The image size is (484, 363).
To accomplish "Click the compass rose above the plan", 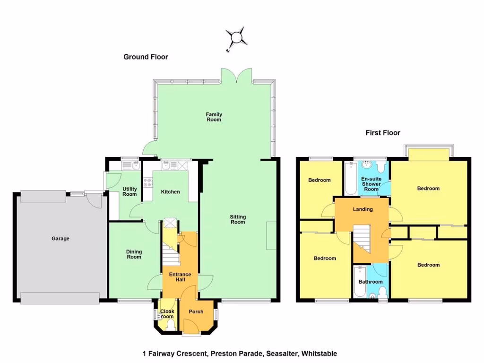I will tap(236, 37).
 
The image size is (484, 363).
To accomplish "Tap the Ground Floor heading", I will tap(146, 57).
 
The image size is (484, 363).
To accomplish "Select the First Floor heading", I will tap(383, 133).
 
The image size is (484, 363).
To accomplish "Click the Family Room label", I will tap(214, 117).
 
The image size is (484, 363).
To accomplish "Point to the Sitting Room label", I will tap(238, 219).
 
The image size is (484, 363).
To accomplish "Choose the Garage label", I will tap(60, 239).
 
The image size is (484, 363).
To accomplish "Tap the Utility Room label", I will tap(130, 191).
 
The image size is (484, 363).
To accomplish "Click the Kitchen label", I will tap(170, 192).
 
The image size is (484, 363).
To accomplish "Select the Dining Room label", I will tap(134, 254).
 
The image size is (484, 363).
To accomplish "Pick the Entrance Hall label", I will tap(180, 277).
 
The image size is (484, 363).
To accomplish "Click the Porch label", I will tap(196, 312).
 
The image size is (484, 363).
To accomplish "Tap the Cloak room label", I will tap(167, 314).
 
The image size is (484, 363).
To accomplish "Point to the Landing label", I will tap(363, 209).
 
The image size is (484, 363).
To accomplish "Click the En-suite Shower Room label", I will tap(372, 184).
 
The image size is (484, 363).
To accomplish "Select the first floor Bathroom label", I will tap(370, 282).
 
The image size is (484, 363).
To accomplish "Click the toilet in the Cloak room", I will tap(171, 324).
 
